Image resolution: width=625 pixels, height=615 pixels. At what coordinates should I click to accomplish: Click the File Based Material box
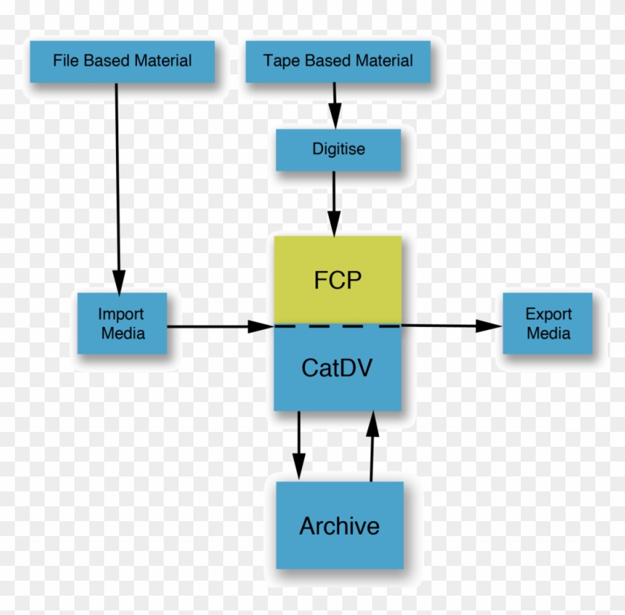(x=122, y=61)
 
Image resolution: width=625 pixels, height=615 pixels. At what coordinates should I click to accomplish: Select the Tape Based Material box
(x=338, y=61)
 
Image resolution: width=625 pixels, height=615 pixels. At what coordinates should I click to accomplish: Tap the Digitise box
(x=339, y=150)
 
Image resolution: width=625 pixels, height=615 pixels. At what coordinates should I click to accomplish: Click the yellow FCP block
(x=338, y=281)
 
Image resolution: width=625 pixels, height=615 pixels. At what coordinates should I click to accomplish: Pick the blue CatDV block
(x=338, y=369)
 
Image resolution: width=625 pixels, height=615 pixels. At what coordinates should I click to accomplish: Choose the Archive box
(x=339, y=526)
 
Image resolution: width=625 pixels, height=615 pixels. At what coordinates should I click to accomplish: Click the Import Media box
(x=122, y=324)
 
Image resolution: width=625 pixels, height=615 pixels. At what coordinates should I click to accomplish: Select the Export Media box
(x=548, y=324)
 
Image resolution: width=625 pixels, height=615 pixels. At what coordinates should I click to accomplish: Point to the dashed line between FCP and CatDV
(x=338, y=325)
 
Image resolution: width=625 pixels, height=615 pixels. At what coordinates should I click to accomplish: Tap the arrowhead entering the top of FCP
(x=335, y=224)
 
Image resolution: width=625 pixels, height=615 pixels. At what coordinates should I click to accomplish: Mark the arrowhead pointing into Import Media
(x=118, y=281)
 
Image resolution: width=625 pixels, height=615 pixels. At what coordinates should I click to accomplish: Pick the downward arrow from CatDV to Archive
(x=299, y=447)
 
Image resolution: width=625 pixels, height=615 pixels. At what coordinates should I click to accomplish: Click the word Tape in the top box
(x=280, y=61)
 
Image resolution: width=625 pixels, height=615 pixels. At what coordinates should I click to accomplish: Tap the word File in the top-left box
(x=65, y=61)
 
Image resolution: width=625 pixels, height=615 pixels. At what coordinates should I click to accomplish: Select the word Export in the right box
(x=548, y=314)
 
